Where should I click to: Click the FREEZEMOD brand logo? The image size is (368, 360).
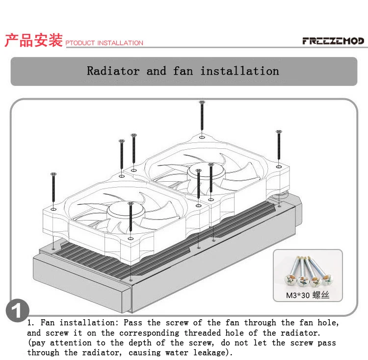pos(333,41)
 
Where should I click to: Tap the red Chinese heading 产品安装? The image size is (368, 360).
pos(34,40)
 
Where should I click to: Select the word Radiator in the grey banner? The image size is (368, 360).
pos(113,71)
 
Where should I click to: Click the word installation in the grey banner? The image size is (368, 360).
pos(239,71)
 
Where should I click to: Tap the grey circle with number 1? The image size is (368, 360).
pos(18,310)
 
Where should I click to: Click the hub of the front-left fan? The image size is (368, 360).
pos(126,210)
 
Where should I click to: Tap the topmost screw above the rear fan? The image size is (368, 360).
pos(202,115)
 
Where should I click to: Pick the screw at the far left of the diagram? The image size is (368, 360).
pos(53,187)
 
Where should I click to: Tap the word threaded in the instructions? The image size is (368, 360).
pos(202,332)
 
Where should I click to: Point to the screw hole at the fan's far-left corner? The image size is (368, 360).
pos(53,209)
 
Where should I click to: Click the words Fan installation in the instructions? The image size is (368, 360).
pos(78,323)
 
